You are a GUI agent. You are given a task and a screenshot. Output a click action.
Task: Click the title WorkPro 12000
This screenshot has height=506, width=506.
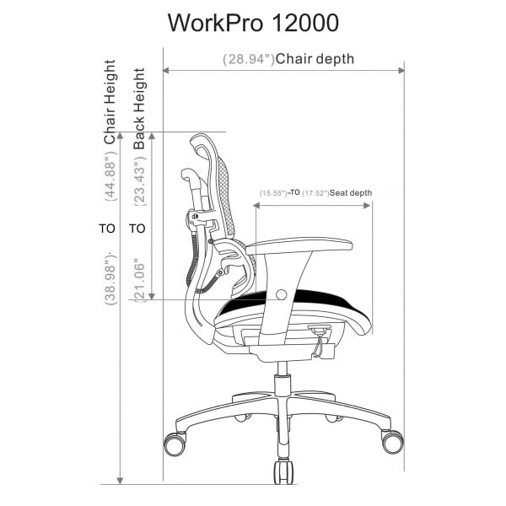pos(253,22)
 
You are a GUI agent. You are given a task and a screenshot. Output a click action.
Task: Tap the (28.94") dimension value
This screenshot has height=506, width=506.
pos(249,60)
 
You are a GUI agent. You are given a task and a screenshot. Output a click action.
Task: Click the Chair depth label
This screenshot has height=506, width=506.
pos(315,59)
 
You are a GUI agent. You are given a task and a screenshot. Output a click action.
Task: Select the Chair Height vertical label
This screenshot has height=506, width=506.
pos(110,101)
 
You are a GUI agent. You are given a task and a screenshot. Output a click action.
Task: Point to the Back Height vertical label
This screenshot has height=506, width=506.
pos(140,109)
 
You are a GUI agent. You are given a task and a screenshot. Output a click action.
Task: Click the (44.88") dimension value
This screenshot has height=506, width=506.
pos(110,176)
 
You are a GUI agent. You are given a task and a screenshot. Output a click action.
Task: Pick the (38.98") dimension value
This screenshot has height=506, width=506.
pos(110,278)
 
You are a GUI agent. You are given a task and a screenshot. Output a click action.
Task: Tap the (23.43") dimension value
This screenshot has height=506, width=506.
pos(140,182)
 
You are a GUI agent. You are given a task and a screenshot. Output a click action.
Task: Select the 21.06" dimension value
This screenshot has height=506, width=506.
pos(140,279)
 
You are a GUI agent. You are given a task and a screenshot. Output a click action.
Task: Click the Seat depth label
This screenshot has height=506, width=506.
pos(351,193)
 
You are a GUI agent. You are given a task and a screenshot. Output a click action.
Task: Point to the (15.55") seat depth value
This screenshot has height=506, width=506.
pos(273,193)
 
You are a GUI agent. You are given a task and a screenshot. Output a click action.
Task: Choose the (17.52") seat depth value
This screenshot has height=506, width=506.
pos(316,193)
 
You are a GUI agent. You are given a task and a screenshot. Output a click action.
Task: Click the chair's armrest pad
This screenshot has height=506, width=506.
pos(299,245)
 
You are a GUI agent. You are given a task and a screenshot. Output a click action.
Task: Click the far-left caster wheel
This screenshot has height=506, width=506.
pos(175,442)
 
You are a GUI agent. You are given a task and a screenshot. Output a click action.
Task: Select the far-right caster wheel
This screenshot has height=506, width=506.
pos(391,441)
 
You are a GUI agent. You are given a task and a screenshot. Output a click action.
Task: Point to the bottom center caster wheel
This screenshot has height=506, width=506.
pos(283,471)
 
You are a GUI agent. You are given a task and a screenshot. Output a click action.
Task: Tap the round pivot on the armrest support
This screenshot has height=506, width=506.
pos(281,293)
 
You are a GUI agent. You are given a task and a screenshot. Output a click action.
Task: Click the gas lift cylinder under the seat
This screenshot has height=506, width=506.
pos(282,374)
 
